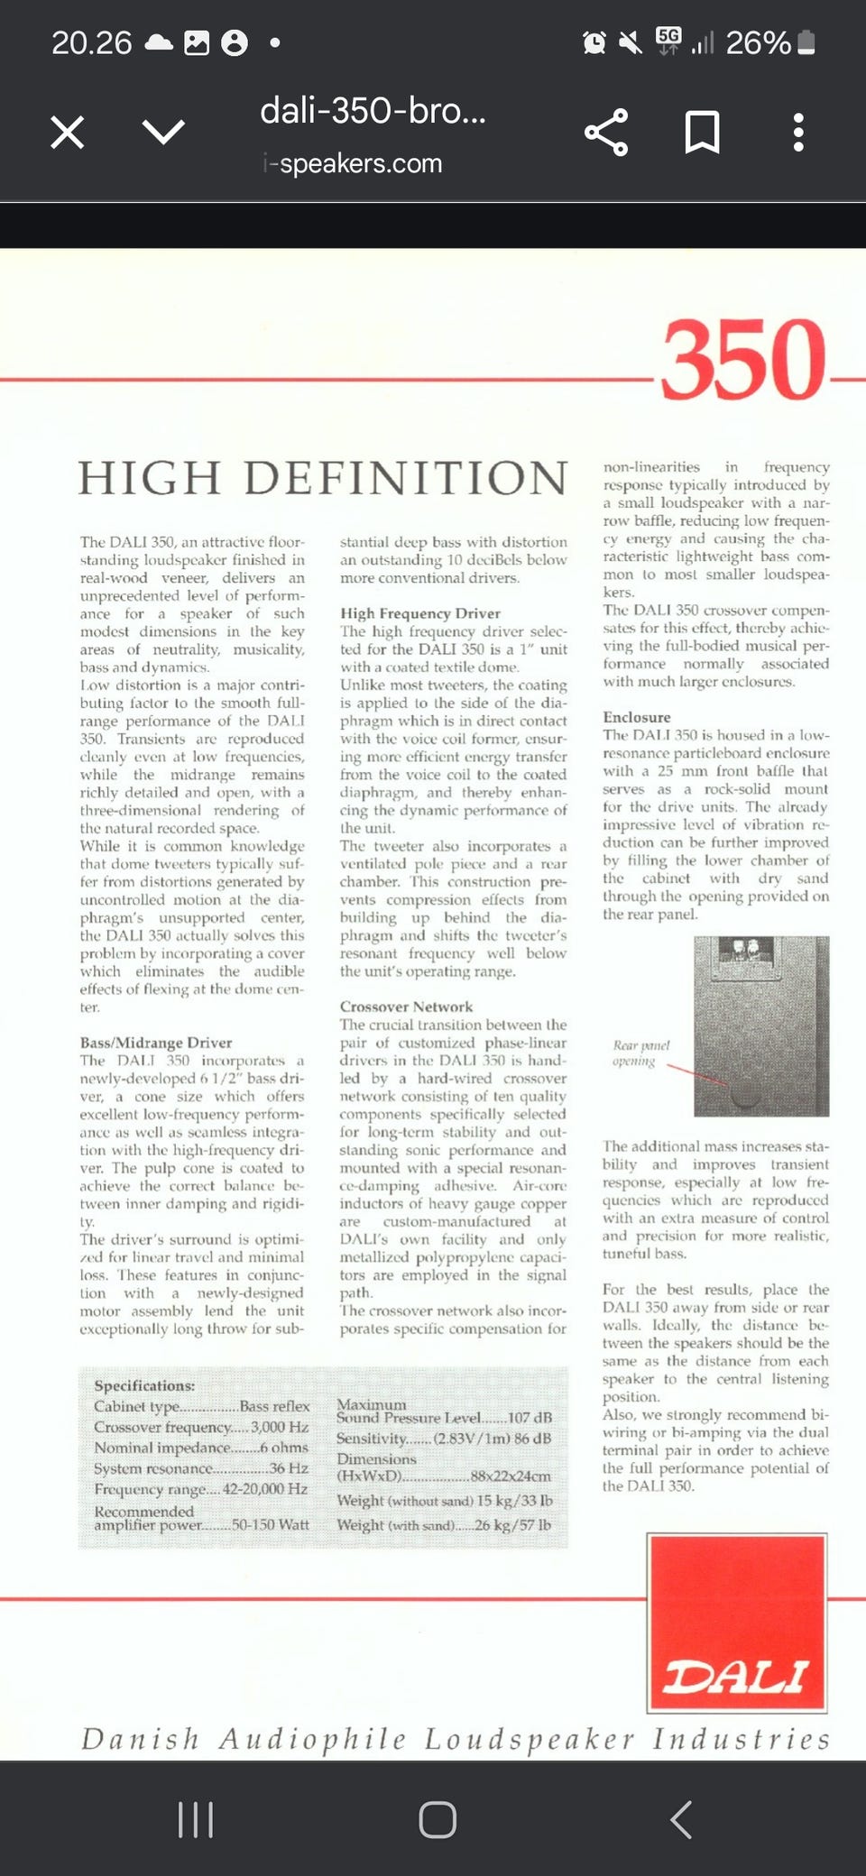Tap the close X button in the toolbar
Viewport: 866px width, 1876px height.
tap(68, 133)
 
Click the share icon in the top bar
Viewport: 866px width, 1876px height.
tap(606, 133)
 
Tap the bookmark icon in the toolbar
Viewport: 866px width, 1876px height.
tap(702, 133)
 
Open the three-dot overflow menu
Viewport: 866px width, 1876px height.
tap(797, 133)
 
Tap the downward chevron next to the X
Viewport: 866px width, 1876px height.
tap(163, 133)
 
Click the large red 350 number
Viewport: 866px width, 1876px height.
tap(743, 360)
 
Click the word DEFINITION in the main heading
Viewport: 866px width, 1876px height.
tap(406, 478)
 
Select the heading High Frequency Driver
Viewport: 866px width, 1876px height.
tap(419, 613)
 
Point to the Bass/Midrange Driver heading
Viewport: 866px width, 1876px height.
tap(156, 1043)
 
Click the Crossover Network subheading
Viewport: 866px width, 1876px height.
tap(406, 1007)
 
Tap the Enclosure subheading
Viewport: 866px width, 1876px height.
tap(637, 717)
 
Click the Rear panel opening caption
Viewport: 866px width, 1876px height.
tap(640, 1053)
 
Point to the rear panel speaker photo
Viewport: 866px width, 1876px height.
tap(761, 1025)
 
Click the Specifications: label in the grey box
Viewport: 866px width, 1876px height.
tap(144, 1385)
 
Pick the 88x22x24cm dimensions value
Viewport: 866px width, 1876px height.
tap(511, 1476)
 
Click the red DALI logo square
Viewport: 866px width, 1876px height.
tap(737, 1623)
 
